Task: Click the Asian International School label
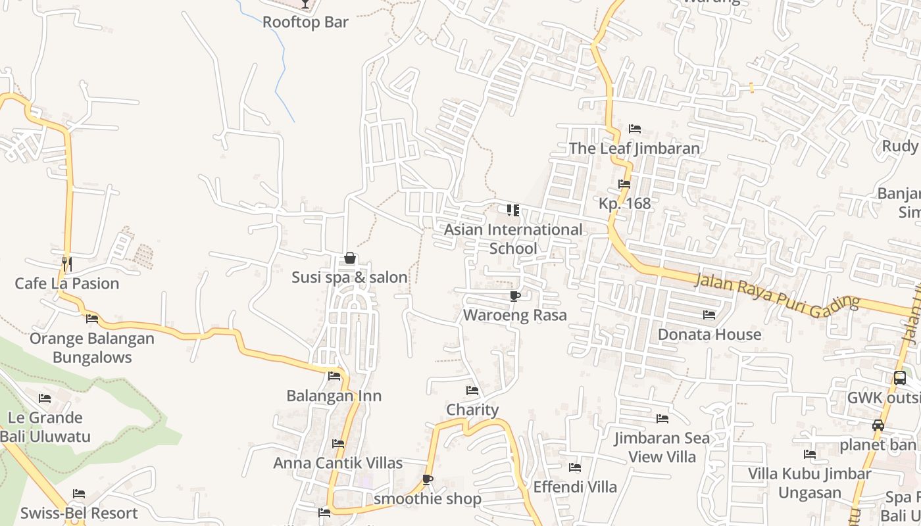coord(513,239)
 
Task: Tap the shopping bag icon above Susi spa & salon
coord(350,258)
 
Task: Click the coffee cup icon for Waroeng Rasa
coord(515,297)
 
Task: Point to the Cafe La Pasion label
coord(67,283)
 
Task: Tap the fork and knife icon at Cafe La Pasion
coord(66,264)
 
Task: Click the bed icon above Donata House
coord(709,315)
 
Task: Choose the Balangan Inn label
coord(334,396)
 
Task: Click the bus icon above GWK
coord(900,378)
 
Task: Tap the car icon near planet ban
coord(878,425)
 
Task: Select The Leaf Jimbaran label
coord(634,148)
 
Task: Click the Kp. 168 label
coord(624,203)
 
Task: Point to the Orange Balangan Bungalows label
coord(92,348)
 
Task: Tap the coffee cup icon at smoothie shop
coord(428,480)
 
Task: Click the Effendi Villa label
coord(575,487)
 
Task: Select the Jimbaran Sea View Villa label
coord(662,447)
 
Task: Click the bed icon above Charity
coord(472,391)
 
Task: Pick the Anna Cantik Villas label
coord(337,463)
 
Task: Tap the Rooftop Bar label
coord(305,22)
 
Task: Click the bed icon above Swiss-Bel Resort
coord(79,494)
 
